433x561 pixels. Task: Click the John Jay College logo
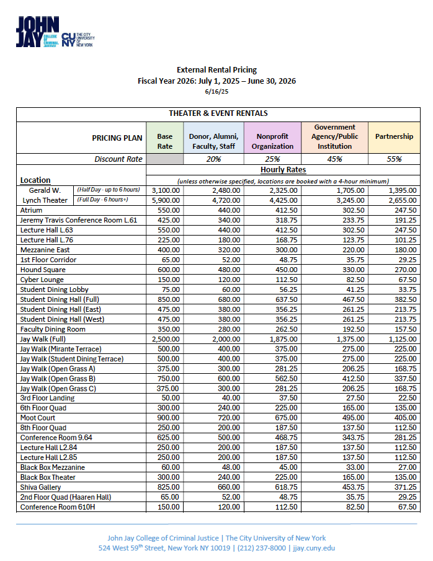click(55, 32)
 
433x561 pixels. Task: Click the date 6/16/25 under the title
click(216, 92)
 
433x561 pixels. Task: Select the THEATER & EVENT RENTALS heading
click(218, 113)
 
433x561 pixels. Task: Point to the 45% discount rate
click(334, 159)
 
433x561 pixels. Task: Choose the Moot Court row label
click(38, 418)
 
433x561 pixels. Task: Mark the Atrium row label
click(32, 210)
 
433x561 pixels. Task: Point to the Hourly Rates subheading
click(283, 169)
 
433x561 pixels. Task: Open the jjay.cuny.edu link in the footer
click(314, 548)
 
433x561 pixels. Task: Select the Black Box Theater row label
click(48, 477)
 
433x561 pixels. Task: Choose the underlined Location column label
click(35, 180)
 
